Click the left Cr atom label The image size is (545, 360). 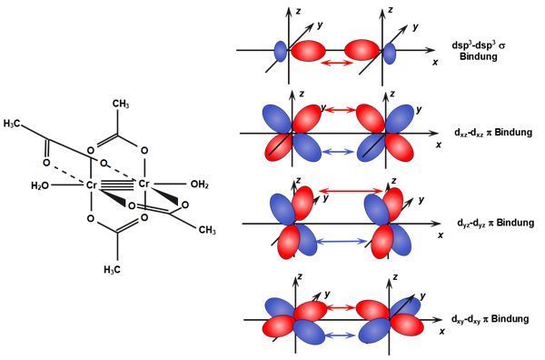[91, 185]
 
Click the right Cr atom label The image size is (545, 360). [144, 184]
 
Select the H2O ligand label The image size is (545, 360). [40, 186]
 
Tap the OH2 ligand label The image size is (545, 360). [200, 184]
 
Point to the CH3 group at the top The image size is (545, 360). [121, 104]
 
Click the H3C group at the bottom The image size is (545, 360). [113, 269]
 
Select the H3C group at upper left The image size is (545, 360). [12, 124]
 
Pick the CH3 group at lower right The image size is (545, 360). [207, 230]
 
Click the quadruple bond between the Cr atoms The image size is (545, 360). [117, 185]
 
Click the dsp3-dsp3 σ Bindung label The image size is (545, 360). [479, 50]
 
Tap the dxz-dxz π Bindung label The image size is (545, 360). [493, 132]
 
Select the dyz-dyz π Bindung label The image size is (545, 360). [496, 222]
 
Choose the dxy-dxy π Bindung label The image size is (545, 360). [490, 319]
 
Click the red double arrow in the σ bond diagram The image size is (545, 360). [336, 63]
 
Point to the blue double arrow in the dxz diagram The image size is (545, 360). [338, 151]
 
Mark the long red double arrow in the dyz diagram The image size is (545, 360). [351, 191]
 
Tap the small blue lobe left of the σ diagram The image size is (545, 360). [281, 51]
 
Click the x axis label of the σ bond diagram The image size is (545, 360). [435, 62]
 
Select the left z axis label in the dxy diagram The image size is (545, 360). [300, 276]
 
